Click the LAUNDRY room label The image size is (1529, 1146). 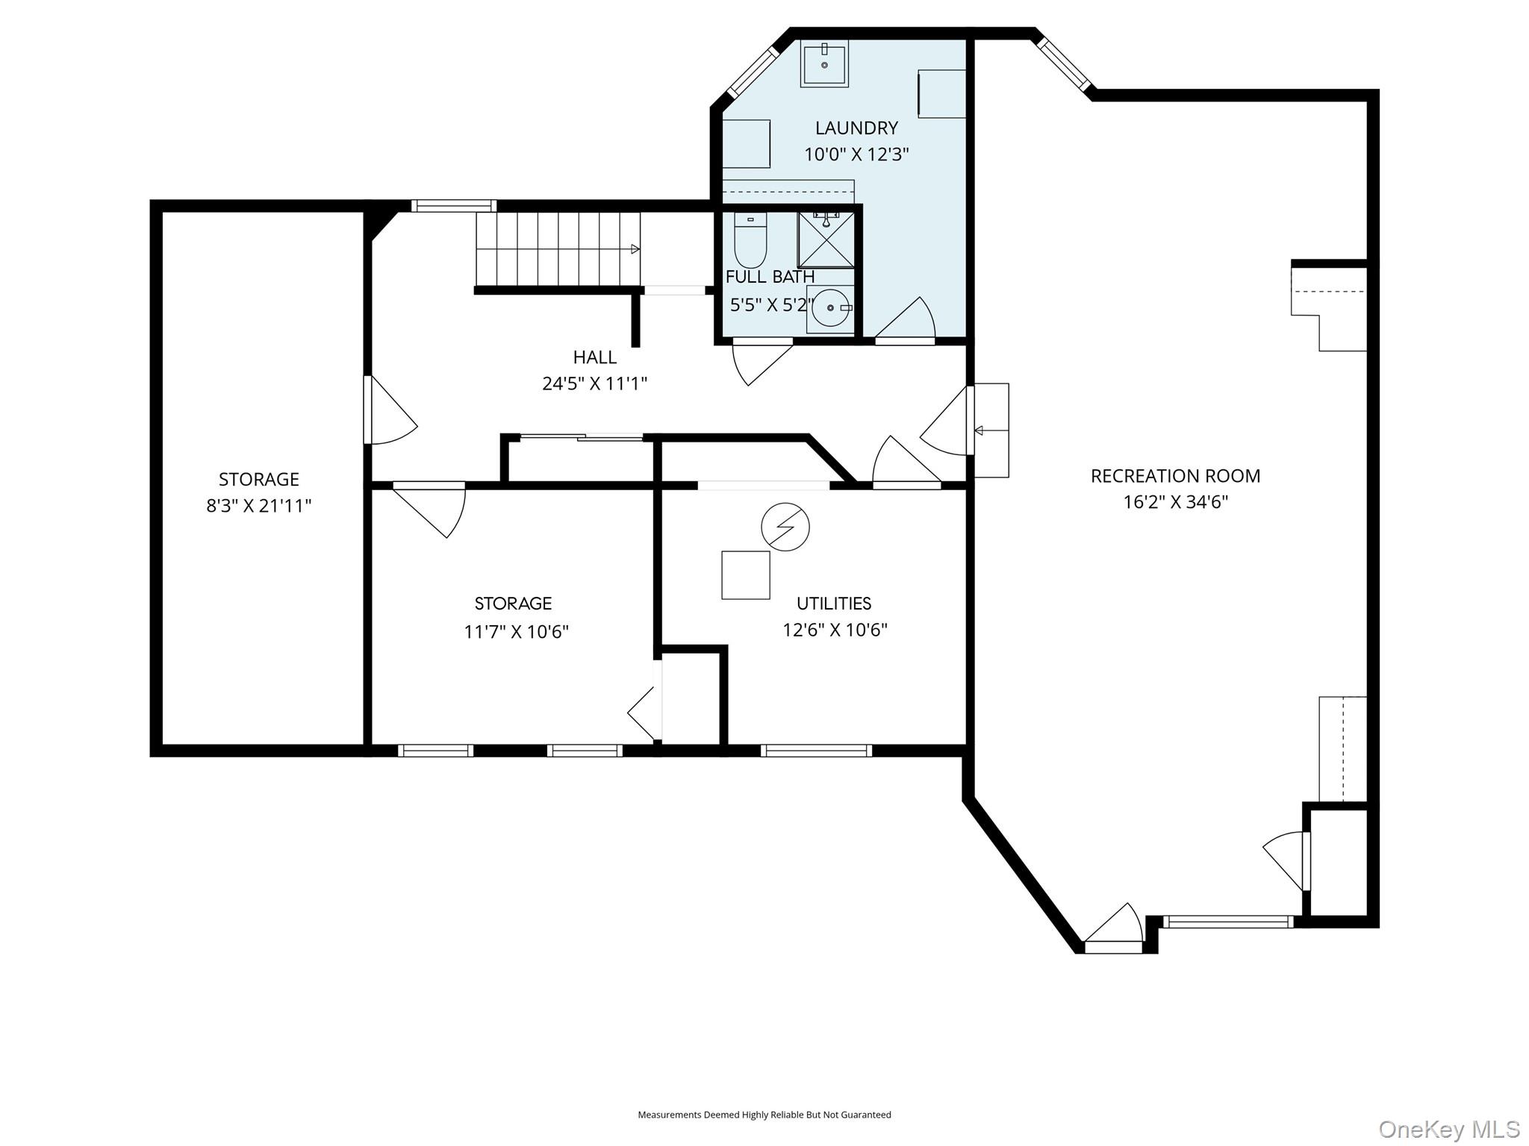coord(856,128)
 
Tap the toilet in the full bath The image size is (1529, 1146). coord(750,240)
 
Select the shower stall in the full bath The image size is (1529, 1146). coord(826,239)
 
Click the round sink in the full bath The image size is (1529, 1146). coord(829,307)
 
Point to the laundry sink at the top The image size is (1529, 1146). coord(824,63)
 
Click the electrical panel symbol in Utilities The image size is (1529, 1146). coord(785,527)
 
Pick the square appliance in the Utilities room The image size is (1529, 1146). coord(745,575)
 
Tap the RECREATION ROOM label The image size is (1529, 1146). coord(1175,476)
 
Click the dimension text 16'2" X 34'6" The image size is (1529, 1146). coord(1175,502)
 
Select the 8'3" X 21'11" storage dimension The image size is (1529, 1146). coord(258,506)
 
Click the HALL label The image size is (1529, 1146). coord(595,357)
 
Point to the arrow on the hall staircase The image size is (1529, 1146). coord(635,249)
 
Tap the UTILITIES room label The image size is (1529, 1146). coord(834,604)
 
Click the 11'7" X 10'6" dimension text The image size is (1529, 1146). coord(516,632)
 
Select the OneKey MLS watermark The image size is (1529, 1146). coord(1448,1129)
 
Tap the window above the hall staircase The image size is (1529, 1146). coord(453,206)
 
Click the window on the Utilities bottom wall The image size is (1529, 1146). coord(816,751)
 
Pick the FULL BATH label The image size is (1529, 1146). coord(770,277)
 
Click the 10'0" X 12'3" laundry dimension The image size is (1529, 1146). coord(856,154)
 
